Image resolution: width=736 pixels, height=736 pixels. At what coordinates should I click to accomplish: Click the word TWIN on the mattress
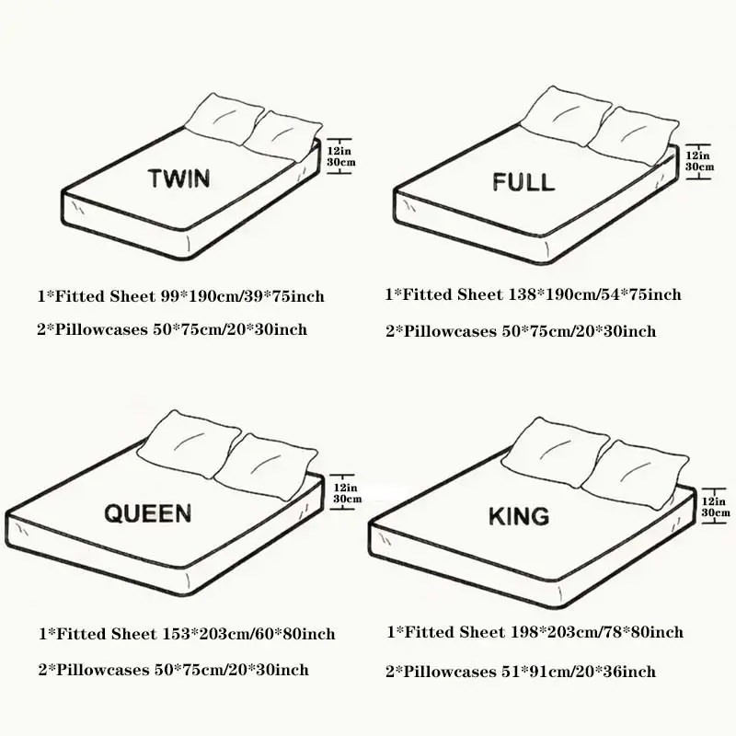[x=178, y=178]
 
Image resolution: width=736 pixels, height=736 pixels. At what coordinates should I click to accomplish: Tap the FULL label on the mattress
[x=523, y=181]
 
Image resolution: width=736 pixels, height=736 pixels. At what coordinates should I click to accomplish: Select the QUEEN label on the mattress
[x=148, y=513]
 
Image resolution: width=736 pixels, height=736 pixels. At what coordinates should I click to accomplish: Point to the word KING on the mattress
[x=519, y=516]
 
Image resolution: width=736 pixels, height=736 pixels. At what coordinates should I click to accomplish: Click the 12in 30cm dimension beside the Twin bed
[x=341, y=156]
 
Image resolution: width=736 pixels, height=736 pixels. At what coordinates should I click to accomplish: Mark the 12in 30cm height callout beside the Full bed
[x=699, y=161]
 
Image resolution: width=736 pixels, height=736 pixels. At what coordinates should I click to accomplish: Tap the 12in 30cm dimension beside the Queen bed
[x=348, y=493]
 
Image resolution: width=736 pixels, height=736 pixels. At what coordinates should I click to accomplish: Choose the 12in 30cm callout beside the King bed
[x=716, y=507]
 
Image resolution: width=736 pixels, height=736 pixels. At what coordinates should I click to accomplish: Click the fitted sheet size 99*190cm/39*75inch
[x=243, y=296]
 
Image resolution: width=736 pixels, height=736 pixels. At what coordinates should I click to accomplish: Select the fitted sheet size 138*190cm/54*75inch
[x=595, y=294]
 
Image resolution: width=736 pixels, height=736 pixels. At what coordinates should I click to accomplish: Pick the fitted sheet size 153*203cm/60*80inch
[x=248, y=634]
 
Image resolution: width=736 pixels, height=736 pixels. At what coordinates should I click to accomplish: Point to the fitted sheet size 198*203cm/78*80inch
[x=597, y=632]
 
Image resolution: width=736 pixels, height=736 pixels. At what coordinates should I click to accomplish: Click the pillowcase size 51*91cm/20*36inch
[x=579, y=672]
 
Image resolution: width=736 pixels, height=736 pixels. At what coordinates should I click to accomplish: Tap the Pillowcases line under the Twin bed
[x=172, y=329]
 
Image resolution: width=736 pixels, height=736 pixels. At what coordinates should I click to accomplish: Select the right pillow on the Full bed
[x=633, y=136]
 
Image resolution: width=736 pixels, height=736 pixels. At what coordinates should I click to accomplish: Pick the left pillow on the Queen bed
[x=189, y=444]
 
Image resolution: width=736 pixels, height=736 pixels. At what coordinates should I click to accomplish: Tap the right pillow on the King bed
[x=635, y=474]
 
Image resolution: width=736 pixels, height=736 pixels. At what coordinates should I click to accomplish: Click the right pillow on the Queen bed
[x=266, y=466]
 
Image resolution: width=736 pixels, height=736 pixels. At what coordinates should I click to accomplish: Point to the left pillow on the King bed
[x=556, y=451]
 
